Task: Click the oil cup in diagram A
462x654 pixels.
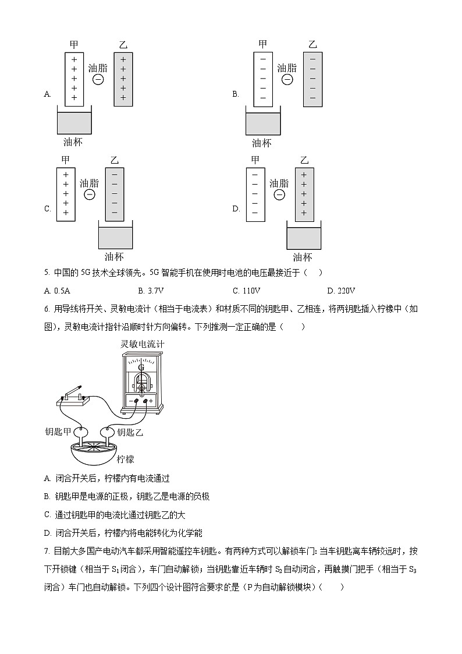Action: coord(74,122)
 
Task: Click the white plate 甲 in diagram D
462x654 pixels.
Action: coord(254,194)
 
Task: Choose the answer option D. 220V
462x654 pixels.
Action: coord(341,291)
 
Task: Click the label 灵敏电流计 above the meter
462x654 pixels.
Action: coord(142,344)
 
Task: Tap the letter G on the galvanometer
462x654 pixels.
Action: coord(141,367)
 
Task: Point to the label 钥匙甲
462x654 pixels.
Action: coord(58,432)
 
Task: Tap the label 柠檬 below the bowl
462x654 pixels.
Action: coord(125,459)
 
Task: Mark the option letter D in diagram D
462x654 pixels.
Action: coord(236,208)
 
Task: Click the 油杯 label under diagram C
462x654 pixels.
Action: coord(114,257)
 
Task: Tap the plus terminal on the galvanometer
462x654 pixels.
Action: coord(151,401)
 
